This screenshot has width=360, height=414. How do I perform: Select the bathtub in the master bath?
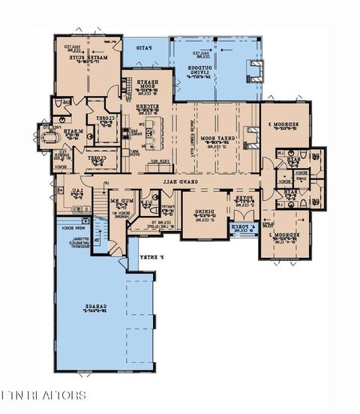coord(50,138)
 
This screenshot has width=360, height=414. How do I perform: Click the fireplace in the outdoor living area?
coord(257,70)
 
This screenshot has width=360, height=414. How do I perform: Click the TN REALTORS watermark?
coord(43,394)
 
